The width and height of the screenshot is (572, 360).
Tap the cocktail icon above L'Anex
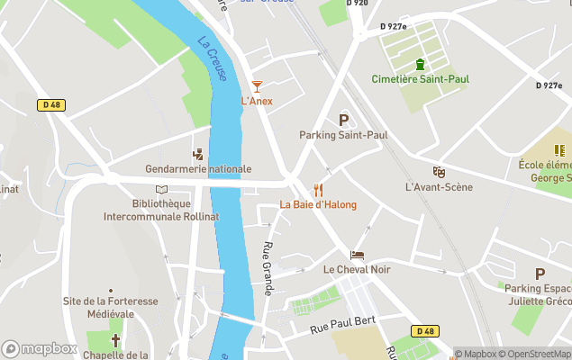pyautogui.click(x=257, y=85)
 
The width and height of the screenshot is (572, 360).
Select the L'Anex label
pyautogui.click(x=257, y=101)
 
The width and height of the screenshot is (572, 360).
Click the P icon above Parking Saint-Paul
pyautogui.click(x=343, y=120)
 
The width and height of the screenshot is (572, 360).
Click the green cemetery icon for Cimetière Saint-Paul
pyautogui.click(x=420, y=64)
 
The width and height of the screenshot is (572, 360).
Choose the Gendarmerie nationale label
pyautogui.click(x=198, y=169)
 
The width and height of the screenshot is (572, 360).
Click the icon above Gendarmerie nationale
pyautogui.click(x=198, y=154)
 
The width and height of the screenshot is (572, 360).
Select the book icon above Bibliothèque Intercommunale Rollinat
pyautogui.click(x=161, y=190)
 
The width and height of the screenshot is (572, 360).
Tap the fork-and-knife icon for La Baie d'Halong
pyautogui.click(x=318, y=190)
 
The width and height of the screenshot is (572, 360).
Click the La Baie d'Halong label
pyautogui.click(x=318, y=204)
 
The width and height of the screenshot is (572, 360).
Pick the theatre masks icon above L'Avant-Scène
pyautogui.click(x=439, y=172)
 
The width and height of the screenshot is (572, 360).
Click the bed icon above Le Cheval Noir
pyautogui.click(x=358, y=256)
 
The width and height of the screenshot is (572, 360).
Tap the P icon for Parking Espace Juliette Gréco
pyautogui.click(x=540, y=274)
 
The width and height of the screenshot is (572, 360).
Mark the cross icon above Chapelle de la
pyautogui.click(x=115, y=340)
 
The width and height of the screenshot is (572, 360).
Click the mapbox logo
pyautogui.click(x=40, y=348)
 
